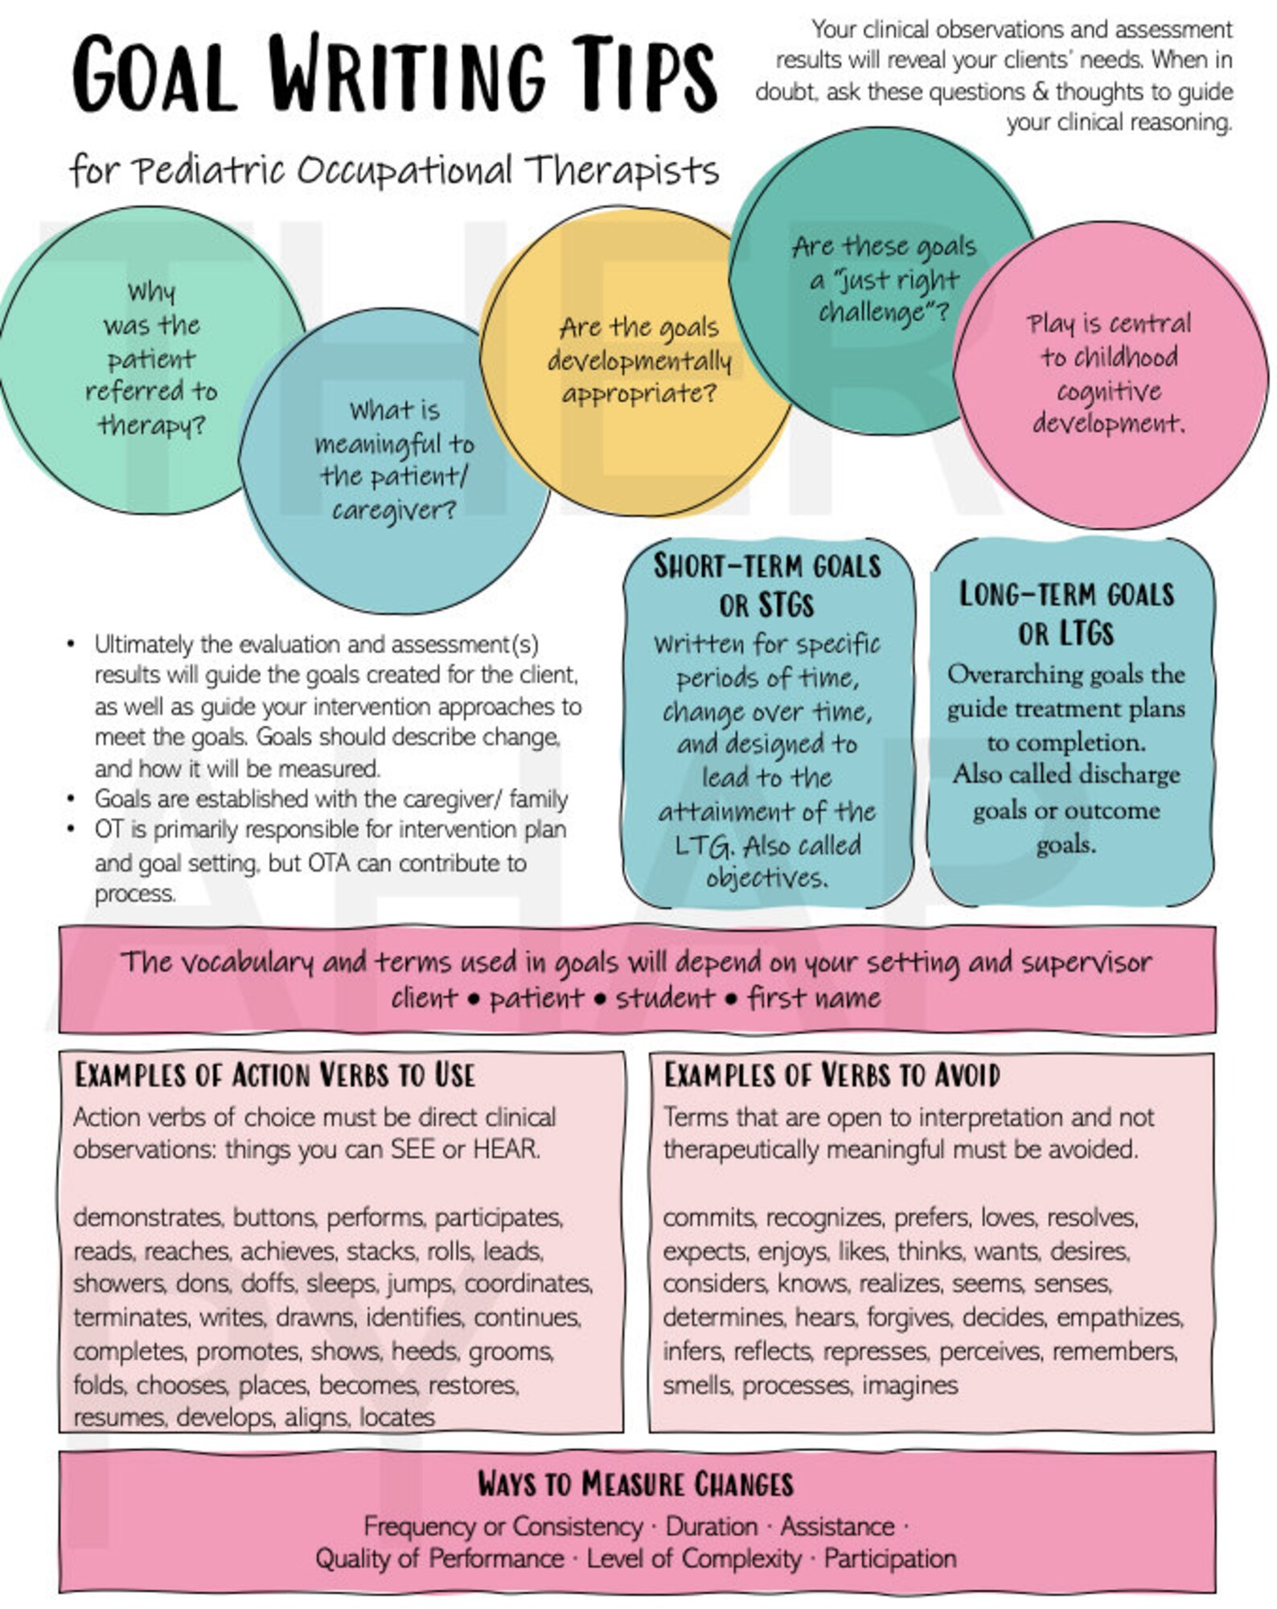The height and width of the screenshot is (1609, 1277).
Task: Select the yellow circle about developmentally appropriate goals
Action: tap(638, 362)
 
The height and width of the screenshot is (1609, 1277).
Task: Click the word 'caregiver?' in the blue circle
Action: tap(394, 510)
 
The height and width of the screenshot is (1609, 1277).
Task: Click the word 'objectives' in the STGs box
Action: tap(766, 877)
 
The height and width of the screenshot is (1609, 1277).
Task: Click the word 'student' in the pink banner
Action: tap(665, 998)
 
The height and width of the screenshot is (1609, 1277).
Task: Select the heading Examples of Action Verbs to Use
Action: tap(275, 1076)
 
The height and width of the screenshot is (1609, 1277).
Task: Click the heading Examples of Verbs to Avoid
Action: tap(831, 1076)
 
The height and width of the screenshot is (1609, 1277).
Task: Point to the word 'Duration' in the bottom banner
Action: tap(712, 1526)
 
